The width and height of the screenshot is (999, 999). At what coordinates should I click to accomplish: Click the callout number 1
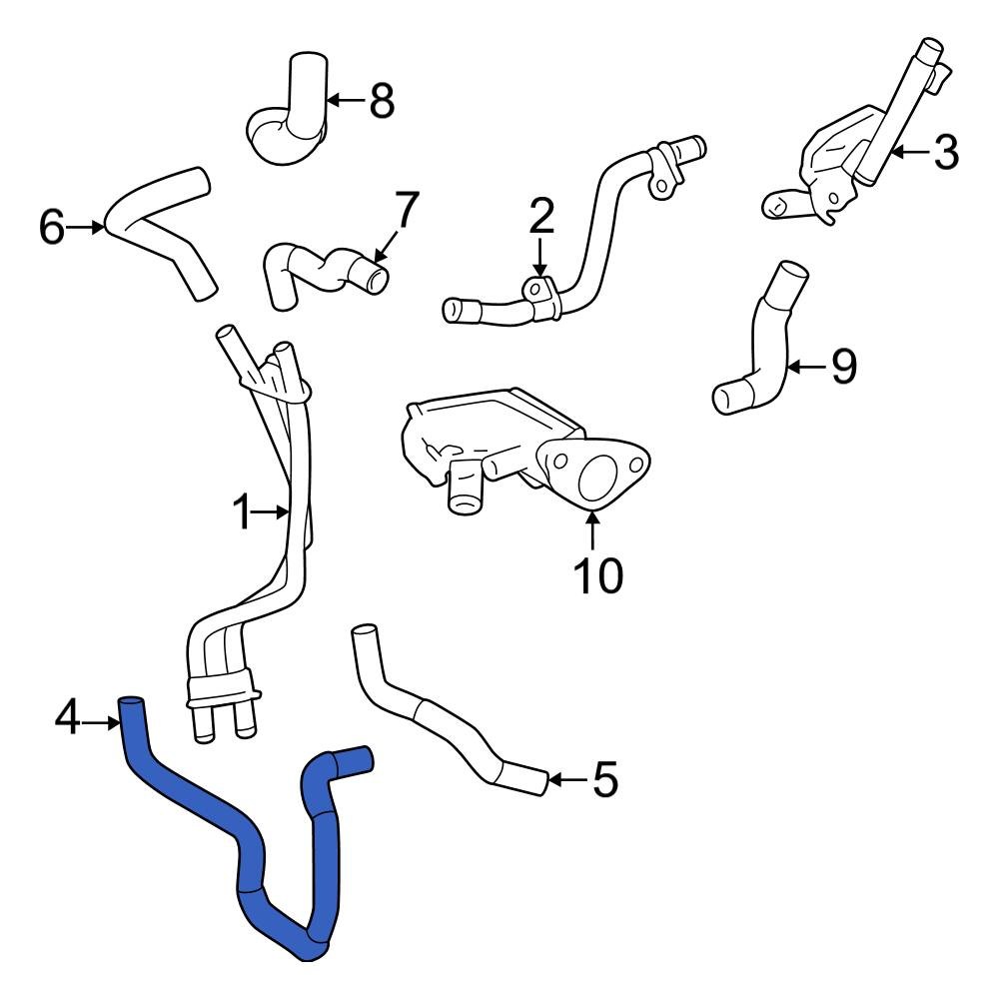(241, 512)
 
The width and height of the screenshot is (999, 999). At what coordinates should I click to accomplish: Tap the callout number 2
(540, 216)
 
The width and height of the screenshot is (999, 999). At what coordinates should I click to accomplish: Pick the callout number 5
(604, 779)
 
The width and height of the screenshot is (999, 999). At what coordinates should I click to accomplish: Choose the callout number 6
(52, 227)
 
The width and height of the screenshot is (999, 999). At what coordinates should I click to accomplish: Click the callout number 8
(381, 100)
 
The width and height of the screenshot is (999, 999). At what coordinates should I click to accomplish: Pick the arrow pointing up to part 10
(594, 529)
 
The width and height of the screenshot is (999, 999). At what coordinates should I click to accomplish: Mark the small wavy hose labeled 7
(320, 270)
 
